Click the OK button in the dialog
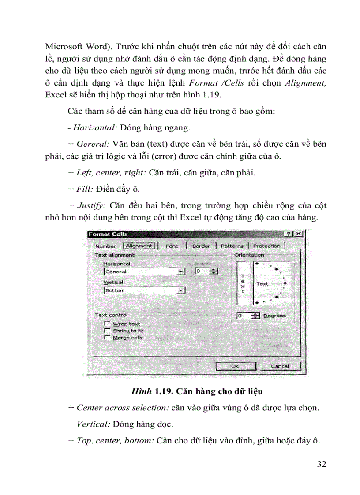click(235, 366)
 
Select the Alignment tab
click(139, 246)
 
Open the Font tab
click(172, 246)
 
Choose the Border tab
click(201, 246)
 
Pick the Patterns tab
click(232, 246)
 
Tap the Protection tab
click(266, 246)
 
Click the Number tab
click(105, 246)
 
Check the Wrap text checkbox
click(106, 324)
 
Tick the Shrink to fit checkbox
click(106, 330)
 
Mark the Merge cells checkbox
click(106, 337)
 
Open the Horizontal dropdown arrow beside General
click(180, 272)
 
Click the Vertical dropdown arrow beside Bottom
click(180, 290)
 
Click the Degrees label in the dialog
click(274, 316)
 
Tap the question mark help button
click(289, 234)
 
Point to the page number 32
click(321, 464)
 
